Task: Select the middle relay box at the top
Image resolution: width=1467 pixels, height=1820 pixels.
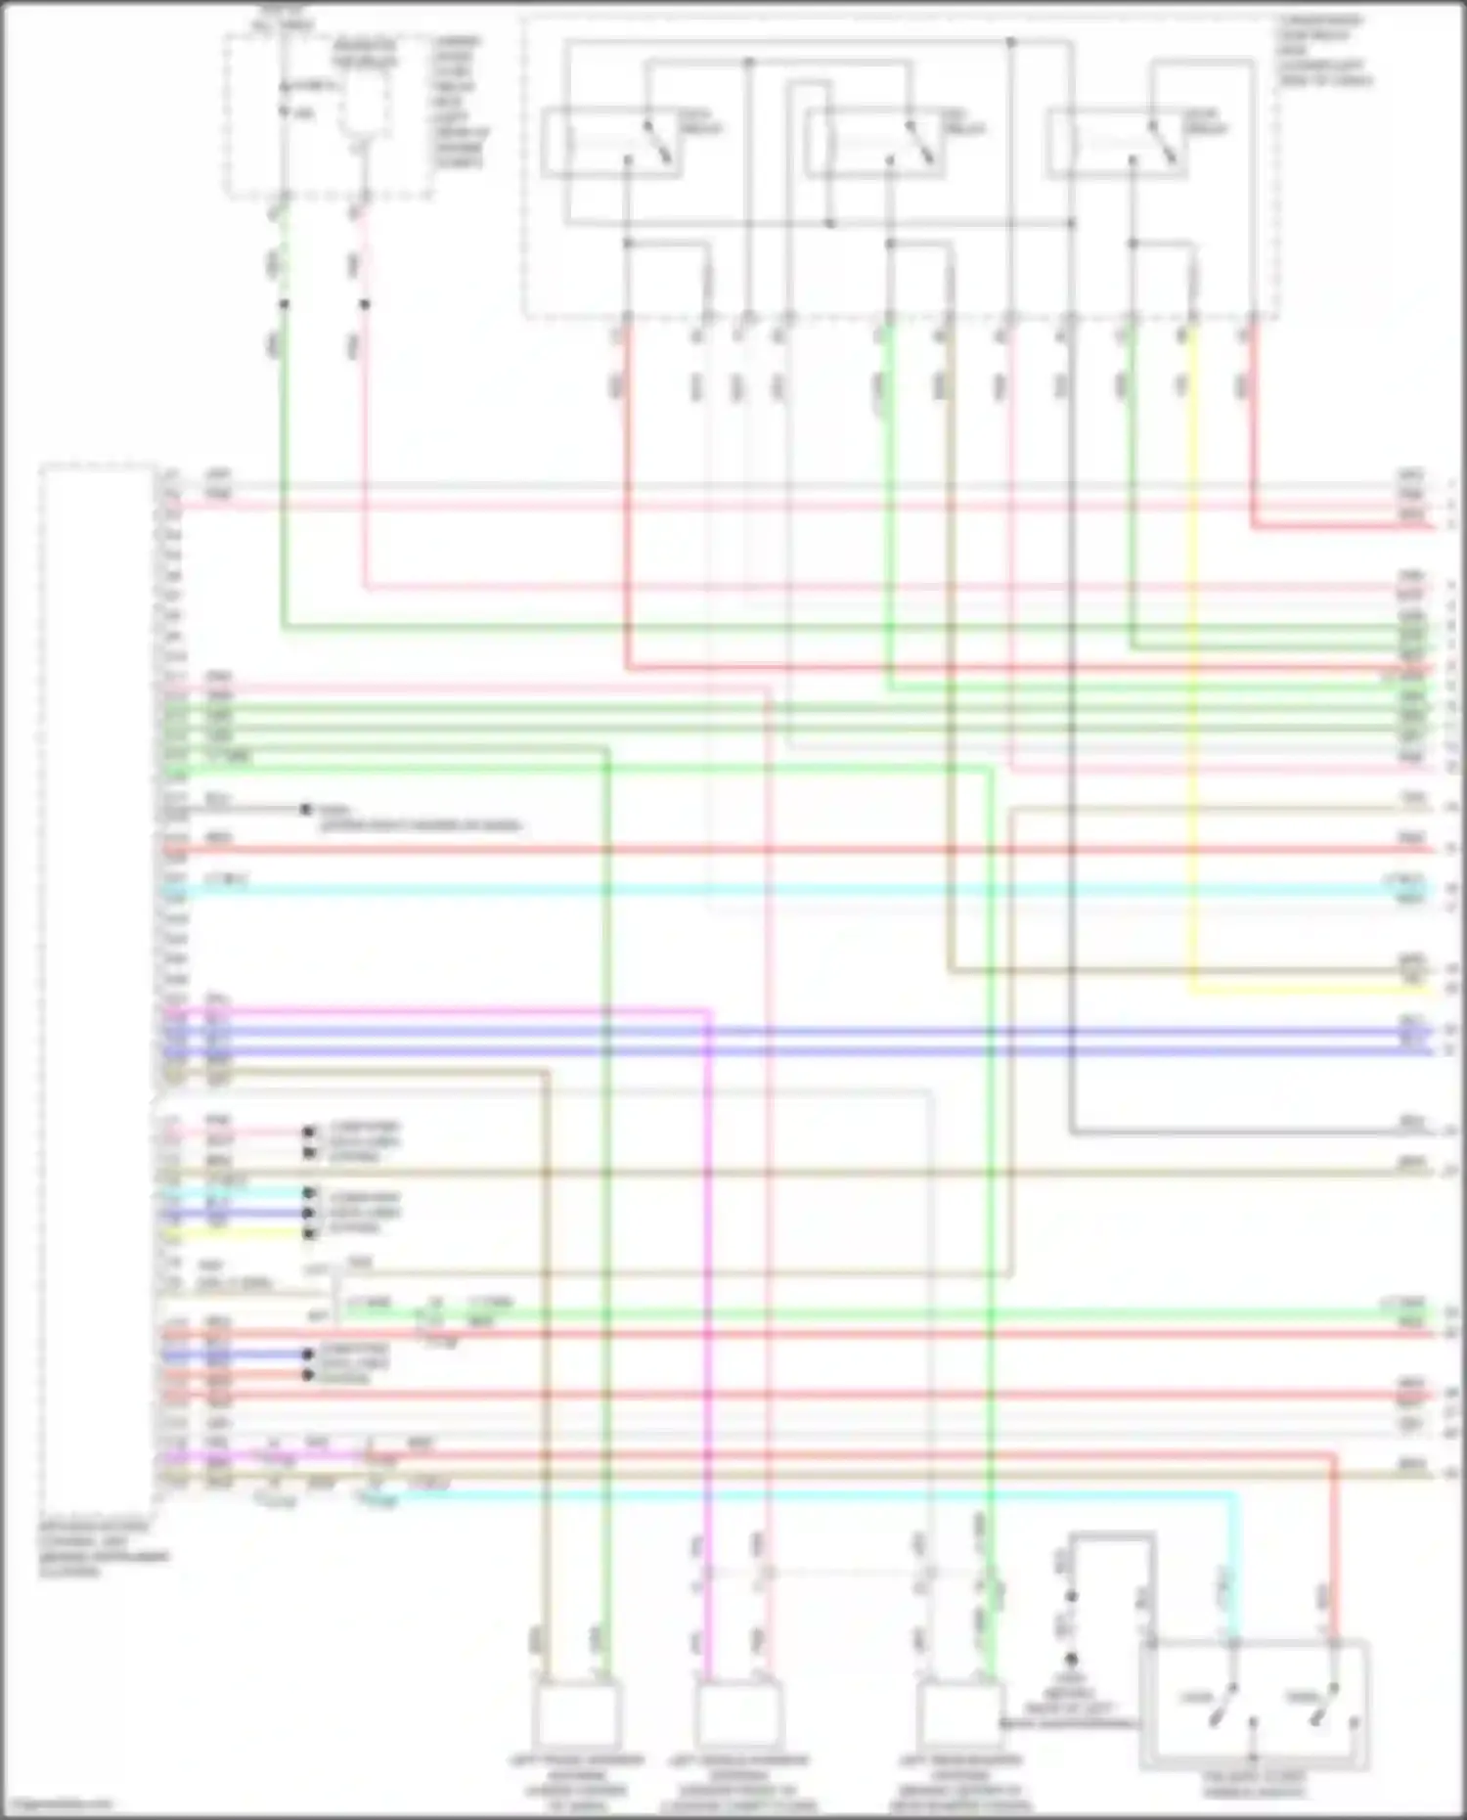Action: [x=874, y=145]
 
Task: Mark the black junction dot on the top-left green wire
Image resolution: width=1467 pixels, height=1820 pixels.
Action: [x=284, y=304]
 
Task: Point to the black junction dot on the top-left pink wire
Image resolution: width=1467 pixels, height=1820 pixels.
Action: [x=365, y=304]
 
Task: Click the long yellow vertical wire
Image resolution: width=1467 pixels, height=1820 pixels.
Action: [x=1192, y=685]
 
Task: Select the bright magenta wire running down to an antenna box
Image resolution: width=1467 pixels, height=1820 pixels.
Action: [x=709, y=1271]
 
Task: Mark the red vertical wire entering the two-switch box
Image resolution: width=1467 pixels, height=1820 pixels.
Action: [x=1333, y=1565]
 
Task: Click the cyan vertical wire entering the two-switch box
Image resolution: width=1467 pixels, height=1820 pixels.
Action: [x=1236, y=1565]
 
